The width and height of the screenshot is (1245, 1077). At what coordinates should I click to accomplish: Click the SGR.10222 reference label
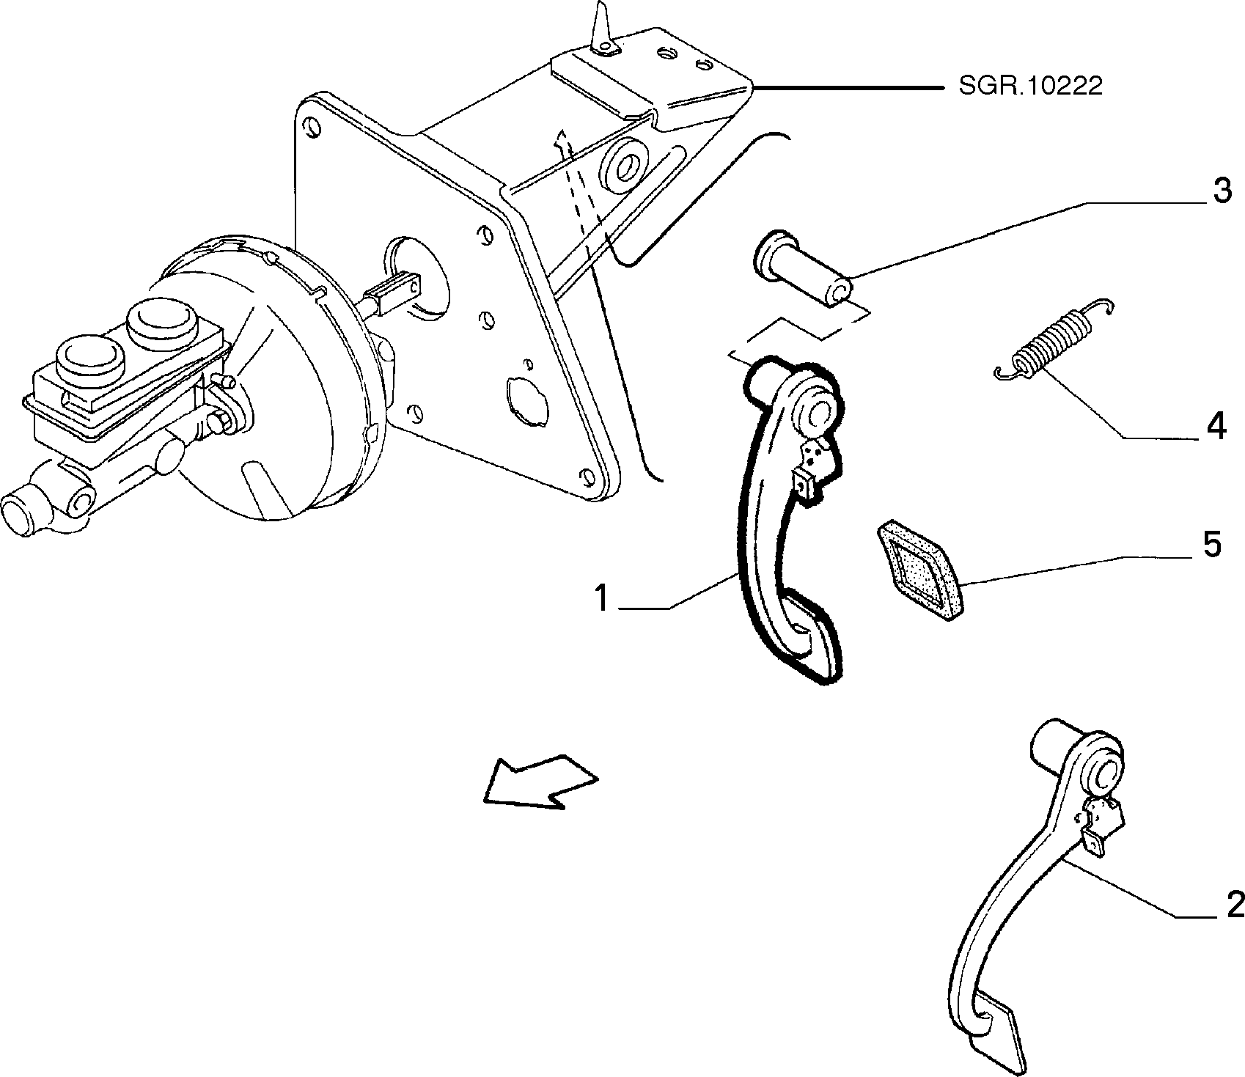1029,87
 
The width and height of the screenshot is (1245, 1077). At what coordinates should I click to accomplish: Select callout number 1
602,599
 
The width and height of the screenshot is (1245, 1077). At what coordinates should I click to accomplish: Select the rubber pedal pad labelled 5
919,571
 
